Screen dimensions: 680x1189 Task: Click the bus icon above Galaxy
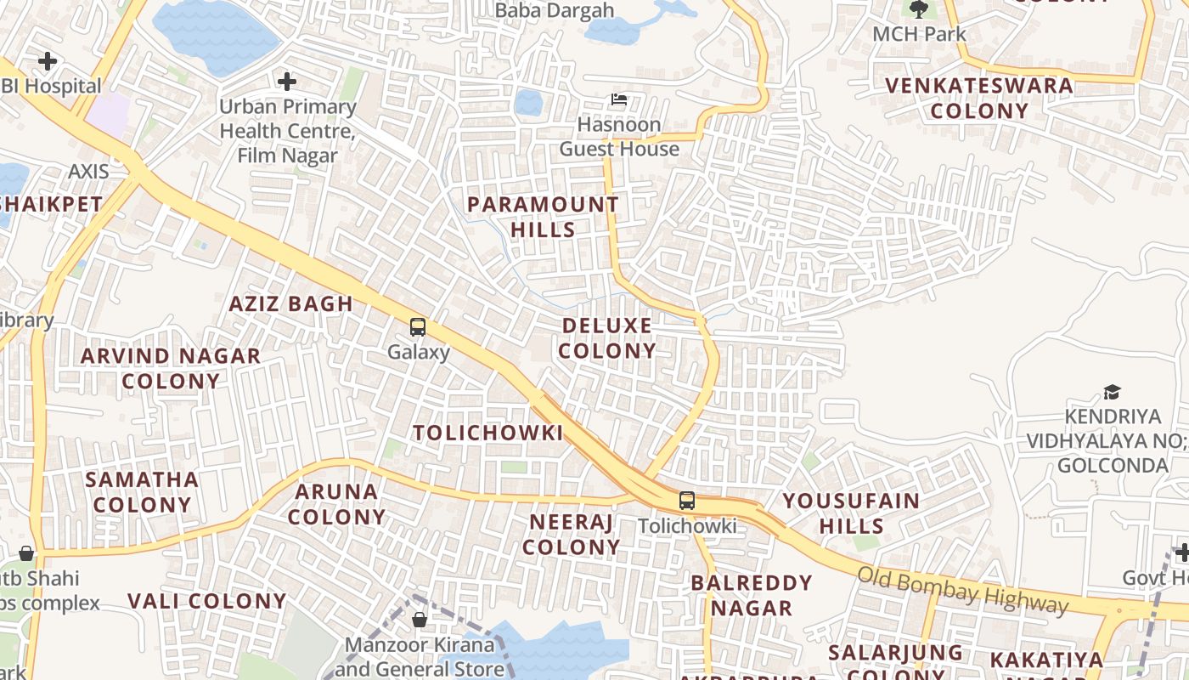(x=417, y=326)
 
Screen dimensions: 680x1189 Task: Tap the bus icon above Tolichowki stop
(x=687, y=501)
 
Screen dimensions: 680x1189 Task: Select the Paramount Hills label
(x=543, y=217)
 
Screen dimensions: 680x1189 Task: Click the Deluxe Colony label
(x=607, y=338)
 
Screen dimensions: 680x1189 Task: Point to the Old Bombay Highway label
(x=961, y=589)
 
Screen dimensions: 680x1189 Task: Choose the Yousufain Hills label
(x=851, y=513)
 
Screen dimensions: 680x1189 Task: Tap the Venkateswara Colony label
(x=979, y=98)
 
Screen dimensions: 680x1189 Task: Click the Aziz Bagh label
(x=290, y=303)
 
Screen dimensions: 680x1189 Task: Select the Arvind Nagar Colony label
(x=171, y=368)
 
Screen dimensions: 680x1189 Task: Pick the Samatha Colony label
(x=142, y=491)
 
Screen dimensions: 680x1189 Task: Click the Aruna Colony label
(x=336, y=504)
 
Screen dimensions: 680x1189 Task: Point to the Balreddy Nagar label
(x=752, y=595)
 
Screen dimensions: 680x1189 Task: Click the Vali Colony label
(x=207, y=601)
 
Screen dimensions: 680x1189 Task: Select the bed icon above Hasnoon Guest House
(x=619, y=100)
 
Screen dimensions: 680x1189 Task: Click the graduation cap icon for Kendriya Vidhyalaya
(x=1112, y=392)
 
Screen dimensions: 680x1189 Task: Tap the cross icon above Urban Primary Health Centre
(x=287, y=82)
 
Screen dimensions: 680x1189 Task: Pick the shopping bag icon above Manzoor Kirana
(x=419, y=620)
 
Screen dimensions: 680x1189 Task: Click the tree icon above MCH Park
(x=919, y=9)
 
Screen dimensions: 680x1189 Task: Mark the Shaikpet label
(x=51, y=204)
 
